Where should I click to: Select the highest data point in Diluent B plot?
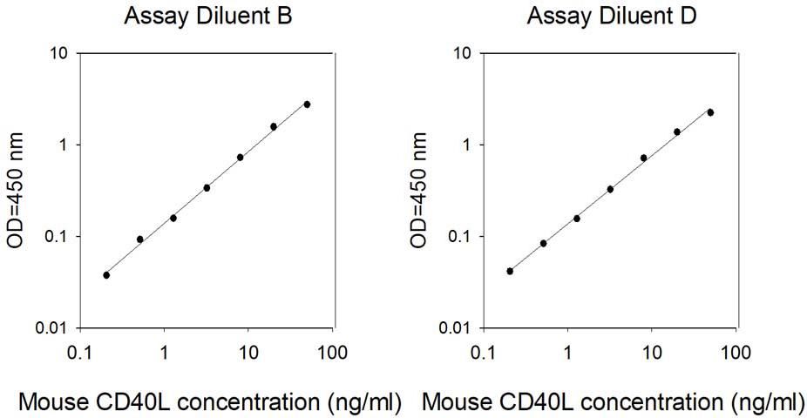click(x=307, y=104)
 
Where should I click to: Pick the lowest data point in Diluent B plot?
click(x=106, y=275)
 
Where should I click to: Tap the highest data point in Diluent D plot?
click(x=710, y=112)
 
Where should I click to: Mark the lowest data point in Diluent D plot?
click(x=510, y=271)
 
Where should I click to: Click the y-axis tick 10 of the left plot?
click(x=59, y=54)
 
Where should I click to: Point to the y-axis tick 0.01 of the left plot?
click(x=52, y=328)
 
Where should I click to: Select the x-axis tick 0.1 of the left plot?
click(x=80, y=353)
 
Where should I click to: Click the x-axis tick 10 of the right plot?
click(x=652, y=353)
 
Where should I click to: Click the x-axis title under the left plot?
click(x=210, y=401)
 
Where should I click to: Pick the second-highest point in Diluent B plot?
click(x=274, y=126)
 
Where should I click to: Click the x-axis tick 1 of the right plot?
click(x=567, y=353)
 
